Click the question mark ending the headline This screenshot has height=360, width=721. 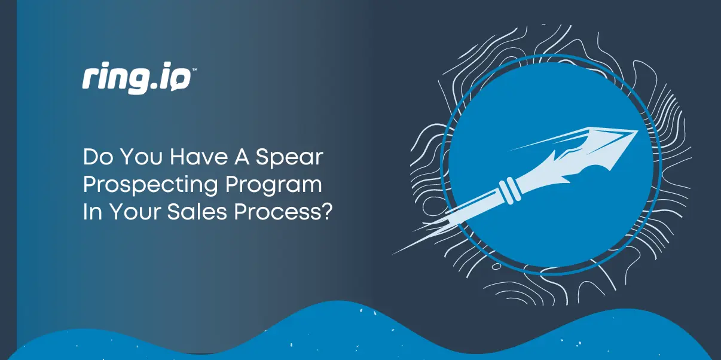click(x=326, y=212)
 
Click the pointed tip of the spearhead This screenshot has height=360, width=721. click(x=636, y=130)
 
